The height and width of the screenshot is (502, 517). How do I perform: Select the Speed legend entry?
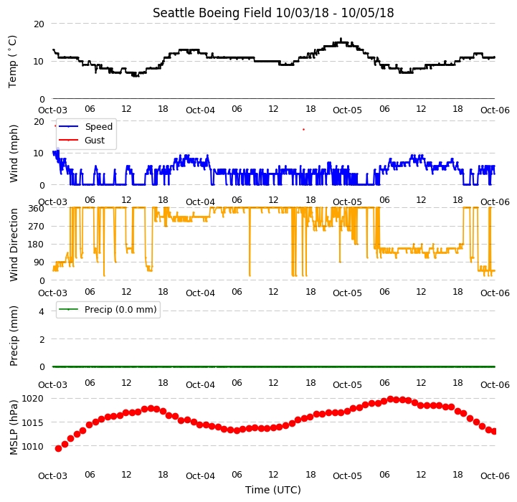point(98,127)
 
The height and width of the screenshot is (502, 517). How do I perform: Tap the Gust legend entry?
point(95,140)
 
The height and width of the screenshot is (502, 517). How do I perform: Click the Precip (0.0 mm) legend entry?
point(120,309)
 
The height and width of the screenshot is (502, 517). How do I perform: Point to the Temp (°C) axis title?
point(12,62)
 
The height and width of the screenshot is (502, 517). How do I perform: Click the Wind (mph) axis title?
point(14,153)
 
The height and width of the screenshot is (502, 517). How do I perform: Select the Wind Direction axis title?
point(14,245)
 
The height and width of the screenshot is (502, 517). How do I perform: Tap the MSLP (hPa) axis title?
point(14,427)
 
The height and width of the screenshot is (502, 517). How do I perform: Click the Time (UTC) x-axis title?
point(273,490)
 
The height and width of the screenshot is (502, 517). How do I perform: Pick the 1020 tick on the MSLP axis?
point(32,399)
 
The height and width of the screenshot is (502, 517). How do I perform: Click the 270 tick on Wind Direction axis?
point(36,227)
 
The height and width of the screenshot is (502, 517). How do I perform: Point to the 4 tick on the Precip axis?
point(41,311)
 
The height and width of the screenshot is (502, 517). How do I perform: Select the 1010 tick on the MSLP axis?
point(32,446)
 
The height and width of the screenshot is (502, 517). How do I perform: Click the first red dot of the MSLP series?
point(58,448)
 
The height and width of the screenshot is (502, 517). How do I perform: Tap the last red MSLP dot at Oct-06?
point(494,432)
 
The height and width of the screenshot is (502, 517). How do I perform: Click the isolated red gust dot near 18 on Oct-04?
point(303,130)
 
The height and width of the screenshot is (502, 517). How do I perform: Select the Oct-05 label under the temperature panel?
point(347,110)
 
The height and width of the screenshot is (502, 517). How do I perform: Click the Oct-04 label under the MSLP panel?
point(200,475)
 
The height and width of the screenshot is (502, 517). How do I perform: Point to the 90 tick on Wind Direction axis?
point(39,262)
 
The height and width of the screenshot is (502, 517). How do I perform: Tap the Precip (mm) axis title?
point(14,336)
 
